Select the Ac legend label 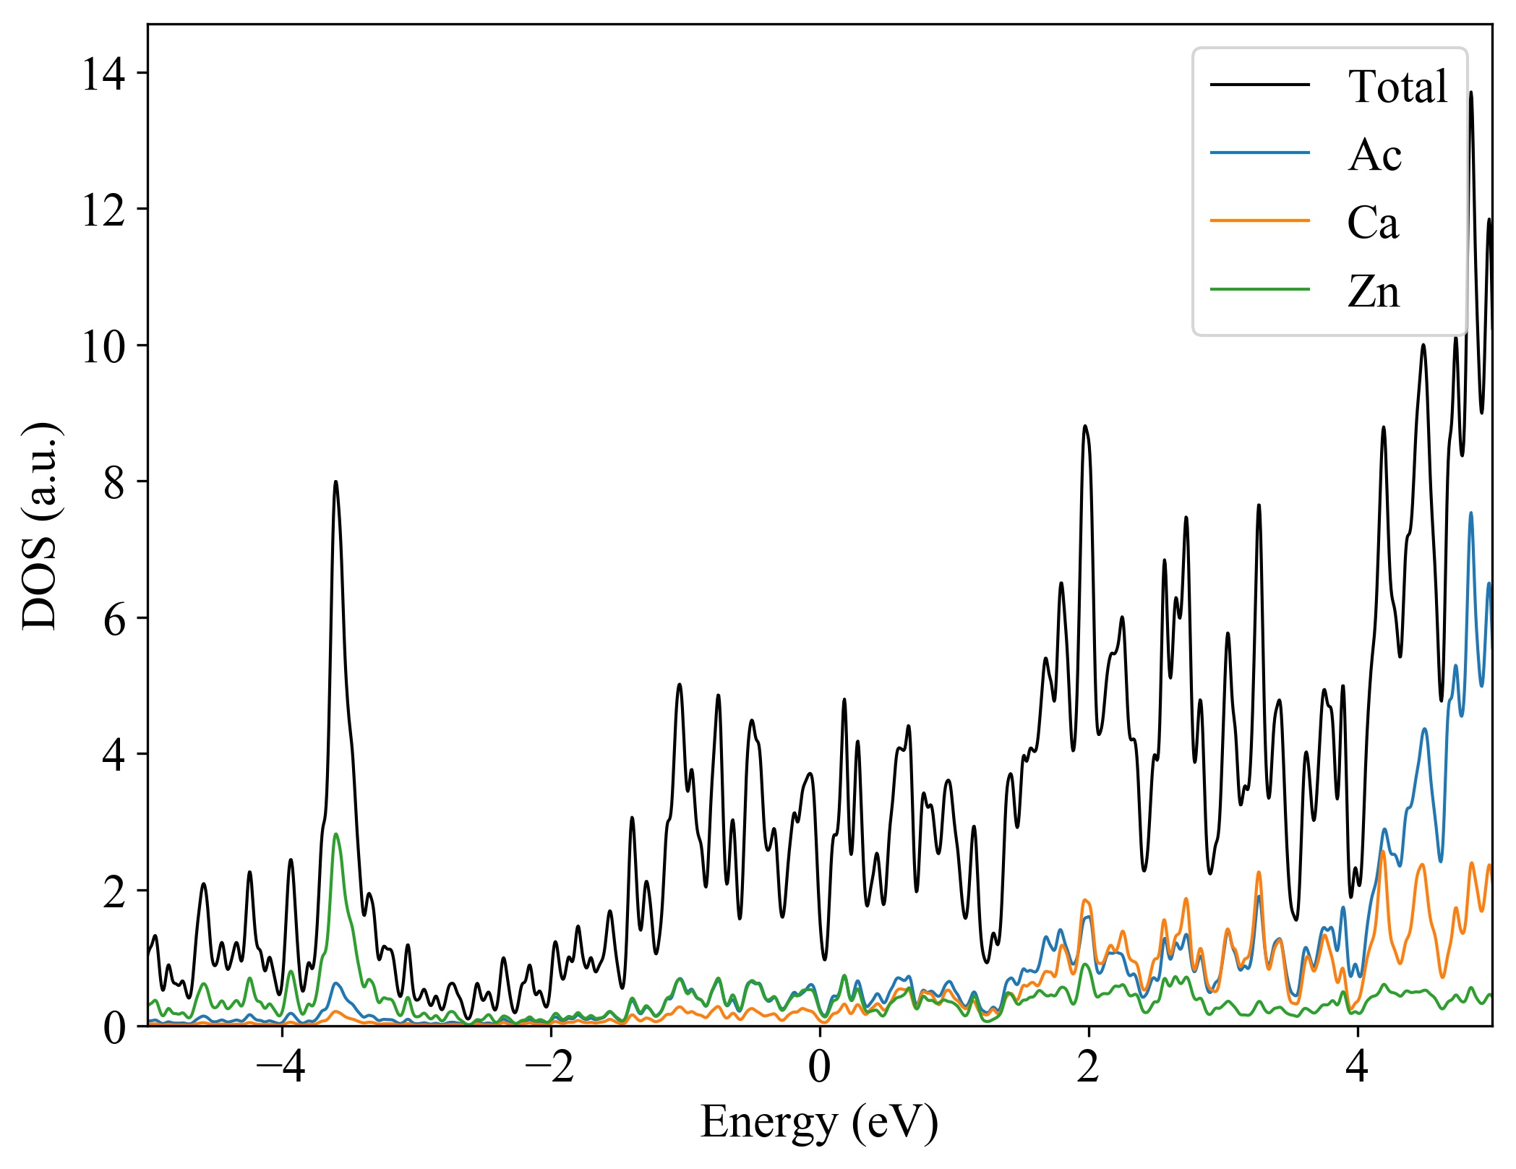tap(1374, 155)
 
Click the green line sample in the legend tap(1260, 290)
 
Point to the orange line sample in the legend tap(1260, 220)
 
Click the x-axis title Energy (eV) tap(819, 1123)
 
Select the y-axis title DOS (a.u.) tap(40, 526)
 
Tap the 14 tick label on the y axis tap(104, 74)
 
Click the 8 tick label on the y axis tap(114, 482)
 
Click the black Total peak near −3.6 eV tap(335, 482)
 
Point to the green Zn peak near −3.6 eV tap(335, 834)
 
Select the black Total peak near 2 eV tap(1085, 426)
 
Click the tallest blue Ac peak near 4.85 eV tap(1470, 513)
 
